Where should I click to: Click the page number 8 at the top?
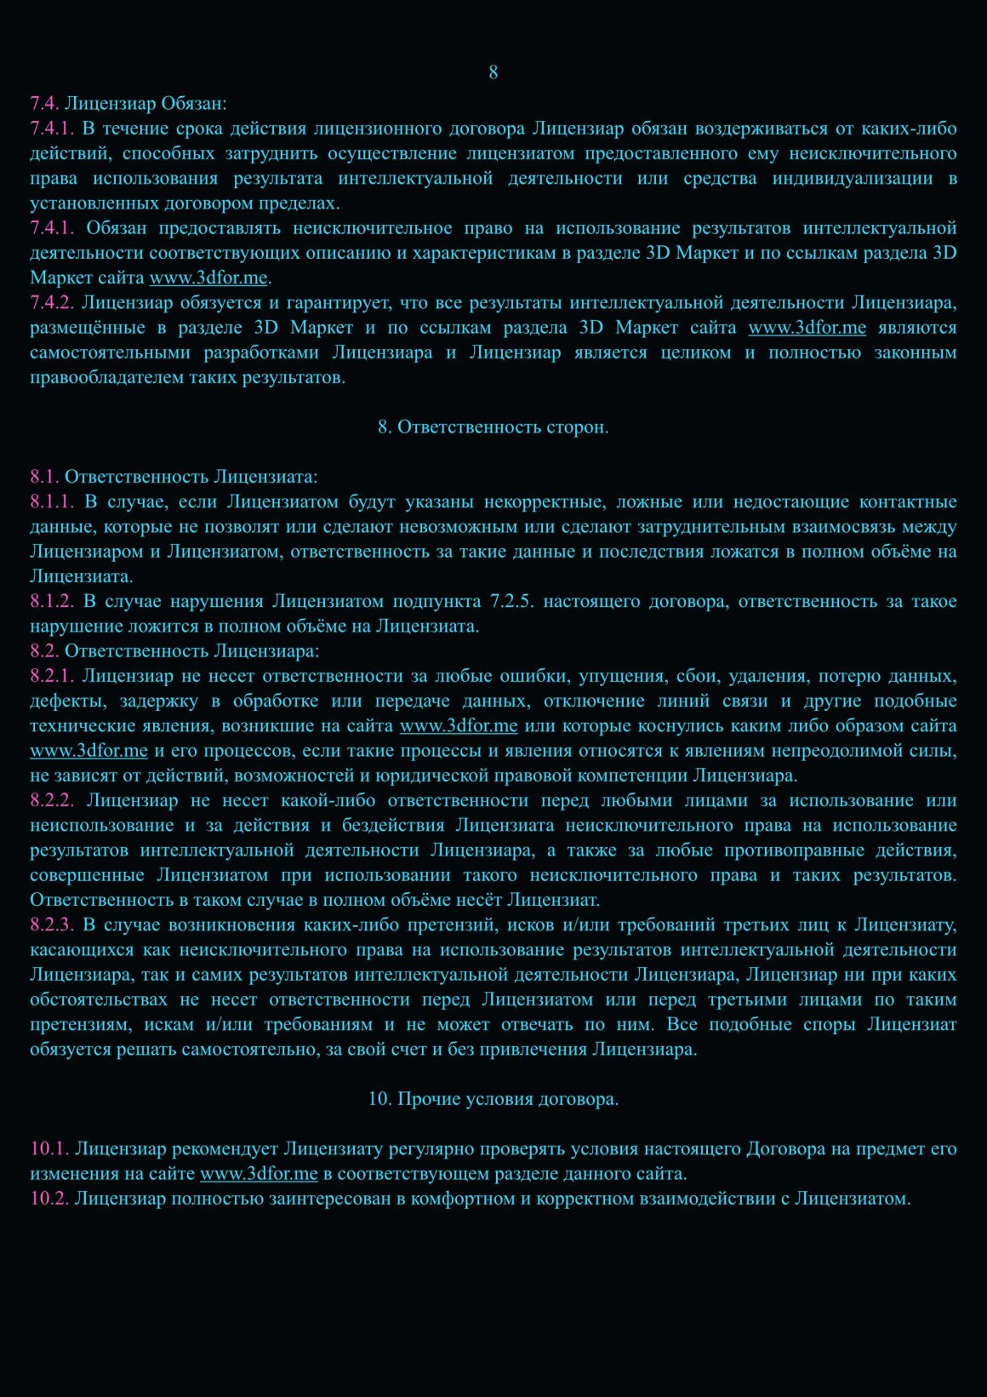coord(493,72)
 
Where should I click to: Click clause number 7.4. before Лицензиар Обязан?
coord(44,104)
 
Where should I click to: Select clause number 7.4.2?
coord(51,303)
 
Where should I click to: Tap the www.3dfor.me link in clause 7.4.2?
coord(807,328)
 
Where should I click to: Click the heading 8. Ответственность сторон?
coord(493,427)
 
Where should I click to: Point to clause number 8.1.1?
coord(51,502)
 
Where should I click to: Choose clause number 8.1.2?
coord(51,602)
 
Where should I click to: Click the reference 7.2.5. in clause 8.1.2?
coord(512,602)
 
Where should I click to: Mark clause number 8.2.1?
coord(51,677)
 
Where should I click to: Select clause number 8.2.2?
coord(51,801)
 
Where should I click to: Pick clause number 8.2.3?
coord(51,925)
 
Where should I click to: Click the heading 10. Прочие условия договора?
coord(493,1099)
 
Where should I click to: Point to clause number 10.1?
coord(48,1149)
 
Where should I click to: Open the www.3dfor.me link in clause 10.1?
coord(259,1174)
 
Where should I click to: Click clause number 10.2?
coord(48,1199)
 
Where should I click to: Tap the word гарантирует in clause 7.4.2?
coord(339,303)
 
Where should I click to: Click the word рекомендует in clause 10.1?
coord(225,1149)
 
